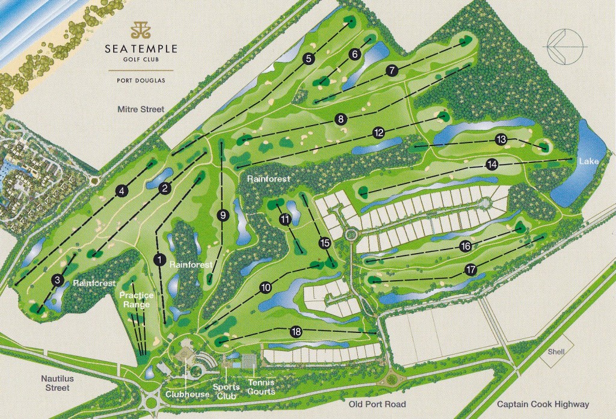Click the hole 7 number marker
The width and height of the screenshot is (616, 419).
click(392, 70)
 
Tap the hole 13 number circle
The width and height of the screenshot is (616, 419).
click(501, 139)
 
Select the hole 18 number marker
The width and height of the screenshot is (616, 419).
click(295, 332)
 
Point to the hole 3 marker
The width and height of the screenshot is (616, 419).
click(58, 280)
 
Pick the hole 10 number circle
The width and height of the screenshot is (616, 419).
click(265, 288)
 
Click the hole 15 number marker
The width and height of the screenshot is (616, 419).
click(325, 243)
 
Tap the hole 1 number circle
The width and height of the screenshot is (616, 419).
click(159, 260)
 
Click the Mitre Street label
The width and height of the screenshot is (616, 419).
click(141, 109)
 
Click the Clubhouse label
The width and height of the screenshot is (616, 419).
click(188, 394)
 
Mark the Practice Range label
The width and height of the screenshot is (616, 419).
click(136, 299)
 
